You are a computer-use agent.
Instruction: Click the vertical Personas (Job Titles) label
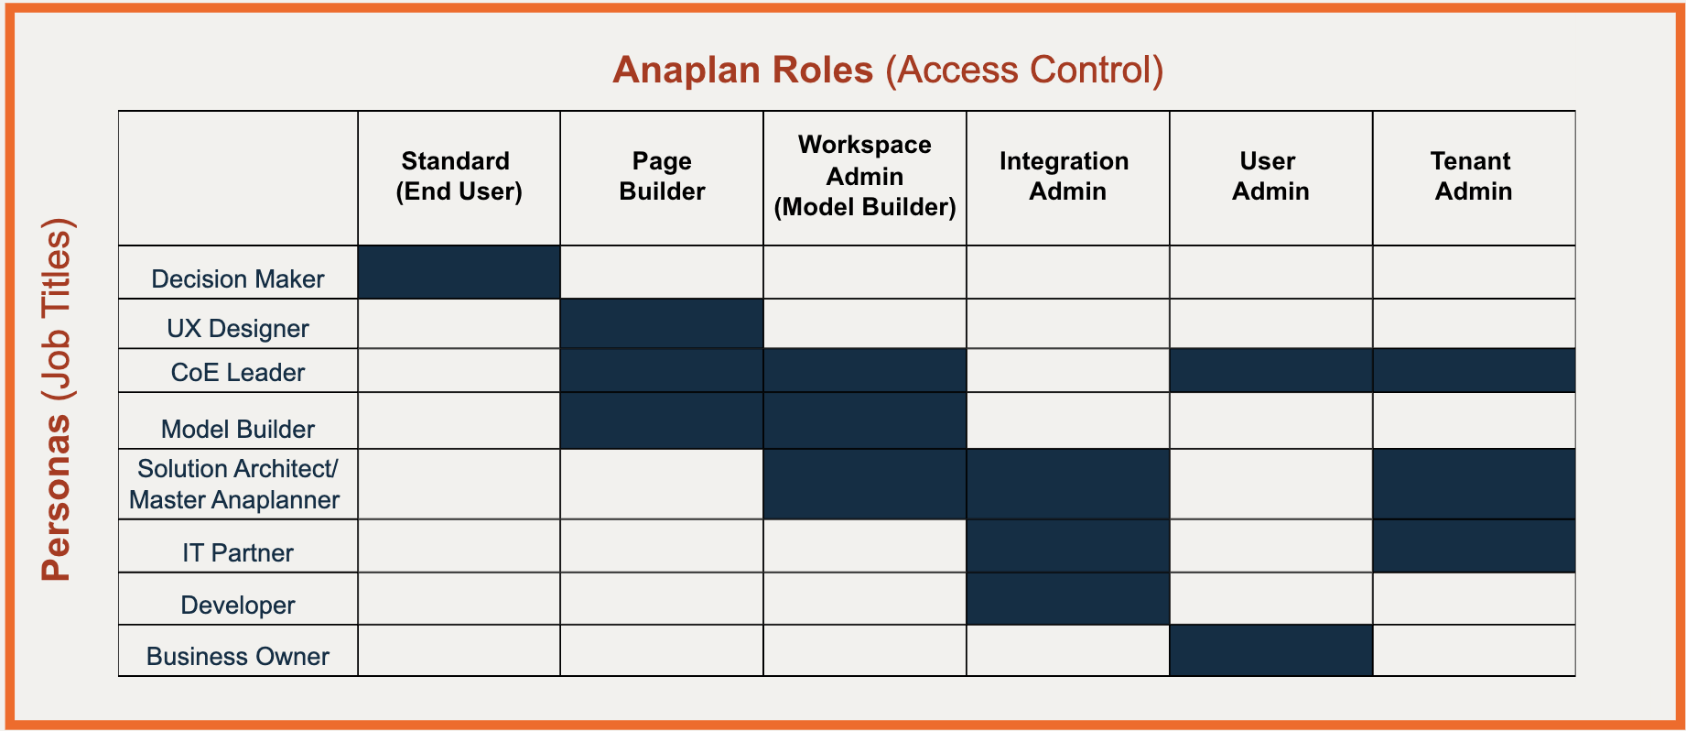coord(57,399)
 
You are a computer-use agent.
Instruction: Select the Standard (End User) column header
coord(459,176)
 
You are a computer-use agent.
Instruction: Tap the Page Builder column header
coord(662,176)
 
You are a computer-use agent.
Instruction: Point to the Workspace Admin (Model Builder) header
coord(865,176)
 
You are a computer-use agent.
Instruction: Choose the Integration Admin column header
coord(1065,176)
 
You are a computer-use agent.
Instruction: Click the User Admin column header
coord(1270,176)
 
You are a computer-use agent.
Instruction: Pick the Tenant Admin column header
coord(1473,176)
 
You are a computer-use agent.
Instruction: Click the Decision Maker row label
coord(238,278)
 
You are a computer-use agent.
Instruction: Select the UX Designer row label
coord(238,328)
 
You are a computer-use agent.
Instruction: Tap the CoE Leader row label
coord(238,372)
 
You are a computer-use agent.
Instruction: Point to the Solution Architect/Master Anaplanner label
coord(235,484)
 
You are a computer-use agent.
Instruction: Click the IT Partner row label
coord(238,552)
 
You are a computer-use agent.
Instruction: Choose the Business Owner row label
coord(238,656)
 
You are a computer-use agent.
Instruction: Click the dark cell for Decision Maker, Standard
coord(459,272)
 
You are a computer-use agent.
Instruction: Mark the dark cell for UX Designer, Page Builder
coord(662,323)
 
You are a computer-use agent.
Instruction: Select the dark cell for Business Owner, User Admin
coord(1271,650)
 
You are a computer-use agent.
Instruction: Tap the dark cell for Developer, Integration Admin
coord(1068,599)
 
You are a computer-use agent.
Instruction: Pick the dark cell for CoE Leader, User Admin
coord(1271,371)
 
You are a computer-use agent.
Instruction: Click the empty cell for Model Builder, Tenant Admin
coord(1475,420)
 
